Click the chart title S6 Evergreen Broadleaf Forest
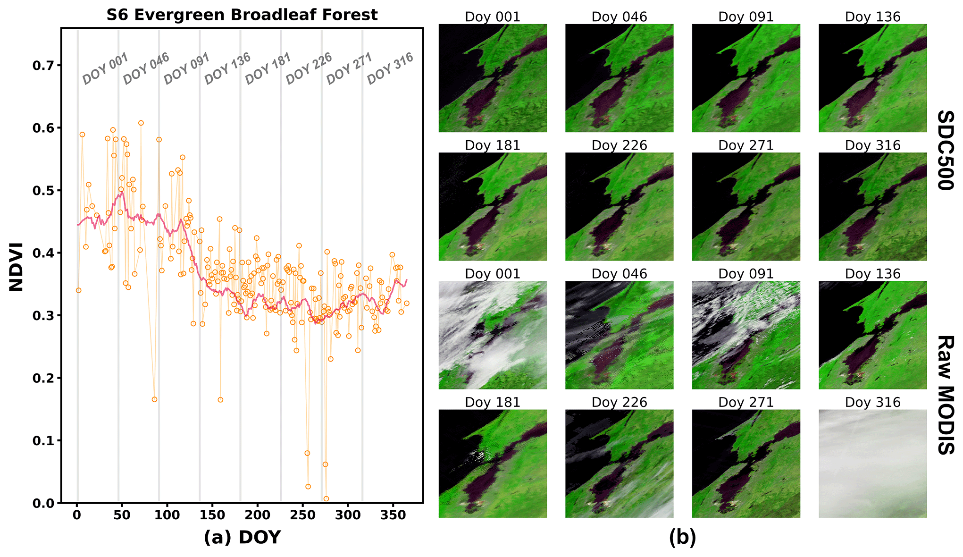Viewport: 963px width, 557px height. [242, 15]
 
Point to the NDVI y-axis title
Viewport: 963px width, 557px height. [16, 267]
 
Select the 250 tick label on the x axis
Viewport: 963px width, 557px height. [302, 515]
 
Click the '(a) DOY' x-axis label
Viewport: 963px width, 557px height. [242, 537]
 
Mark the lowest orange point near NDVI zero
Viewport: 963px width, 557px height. [326, 499]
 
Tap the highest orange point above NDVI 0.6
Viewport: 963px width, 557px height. [141, 123]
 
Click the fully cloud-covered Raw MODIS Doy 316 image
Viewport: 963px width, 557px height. [872, 464]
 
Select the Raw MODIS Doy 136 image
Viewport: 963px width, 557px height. [872, 335]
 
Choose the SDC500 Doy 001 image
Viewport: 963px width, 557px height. [493, 78]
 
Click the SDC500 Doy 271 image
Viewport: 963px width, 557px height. [746, 206]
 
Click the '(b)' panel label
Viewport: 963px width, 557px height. [682, 537]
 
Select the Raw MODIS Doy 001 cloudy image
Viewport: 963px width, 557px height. [493, 335]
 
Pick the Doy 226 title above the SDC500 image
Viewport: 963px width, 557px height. [619, 145]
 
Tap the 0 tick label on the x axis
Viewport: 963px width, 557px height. [77, 515]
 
